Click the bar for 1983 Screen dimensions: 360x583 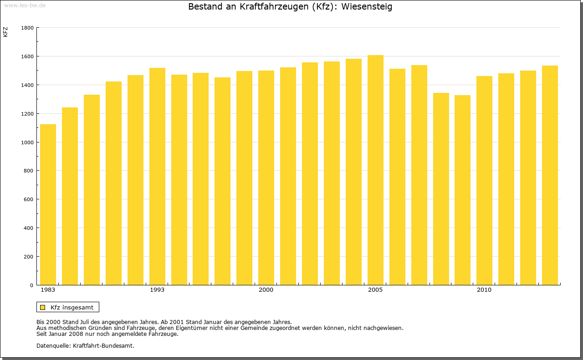[48, 205]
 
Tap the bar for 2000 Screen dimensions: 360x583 [266, 178]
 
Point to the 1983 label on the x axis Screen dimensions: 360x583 [48, 290]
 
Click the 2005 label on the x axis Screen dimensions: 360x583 [375, 290]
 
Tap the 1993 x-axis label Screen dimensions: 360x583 [157, 290]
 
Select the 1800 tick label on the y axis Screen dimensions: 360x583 [27, 28]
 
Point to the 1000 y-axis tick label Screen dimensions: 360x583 [27, 142]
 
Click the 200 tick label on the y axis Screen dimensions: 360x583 [29, 257]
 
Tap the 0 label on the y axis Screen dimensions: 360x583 [32, 285]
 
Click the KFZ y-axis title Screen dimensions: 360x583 [5, 32]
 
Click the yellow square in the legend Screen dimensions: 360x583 [43, 307]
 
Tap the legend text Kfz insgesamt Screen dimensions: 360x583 [72, 307]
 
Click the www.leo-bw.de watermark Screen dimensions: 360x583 [24, 5]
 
